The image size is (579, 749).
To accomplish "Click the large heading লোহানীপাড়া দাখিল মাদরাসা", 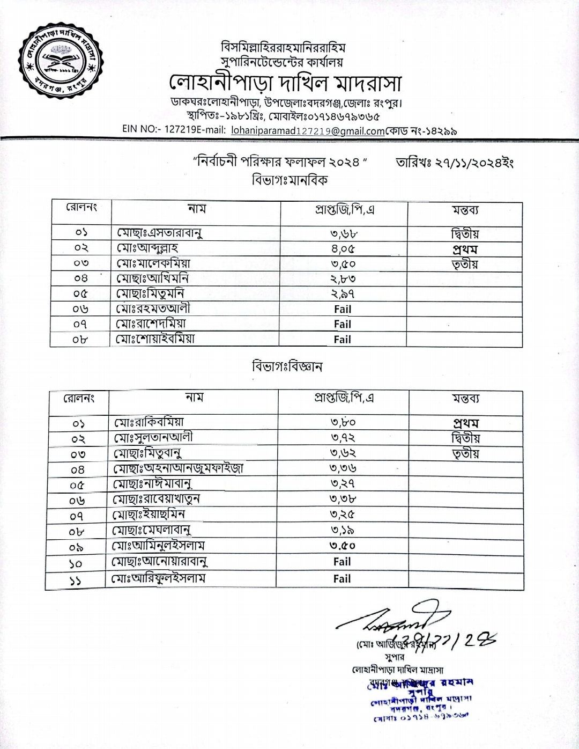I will click(x=284, y=84).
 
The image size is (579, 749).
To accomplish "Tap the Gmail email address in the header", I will click(x=308, y=130).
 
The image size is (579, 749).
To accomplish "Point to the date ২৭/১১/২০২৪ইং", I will click(x=455, y=162).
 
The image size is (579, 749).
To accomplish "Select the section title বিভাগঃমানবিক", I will click(x=289, y=180).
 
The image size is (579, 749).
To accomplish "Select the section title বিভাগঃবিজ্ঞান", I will click(x=287, y=368).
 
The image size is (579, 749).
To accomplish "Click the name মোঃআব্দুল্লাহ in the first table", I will click(x=148, y=248).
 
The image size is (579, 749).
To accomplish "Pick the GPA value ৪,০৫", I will click(x=343, y=249).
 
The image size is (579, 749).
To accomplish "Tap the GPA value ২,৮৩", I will click(x=343, y=278).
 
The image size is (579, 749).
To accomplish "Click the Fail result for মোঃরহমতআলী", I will click(x=343, y=309).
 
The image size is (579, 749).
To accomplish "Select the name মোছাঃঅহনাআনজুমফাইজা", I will click(x=178, y=468).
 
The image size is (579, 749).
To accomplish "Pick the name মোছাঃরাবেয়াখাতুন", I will click(x=157, y=499).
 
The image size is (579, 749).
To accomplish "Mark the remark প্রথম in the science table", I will click(x=465, y=423).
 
